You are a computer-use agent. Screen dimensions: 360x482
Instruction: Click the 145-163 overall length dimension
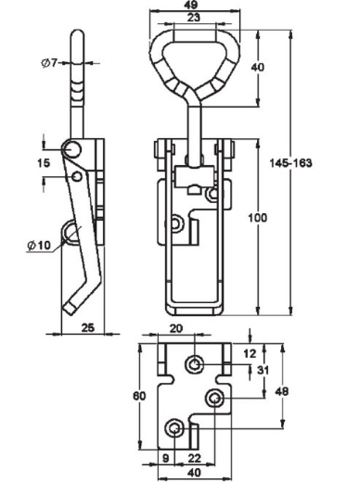(x=290, y=163)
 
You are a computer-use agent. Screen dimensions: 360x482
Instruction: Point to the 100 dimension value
(x=257, y=218)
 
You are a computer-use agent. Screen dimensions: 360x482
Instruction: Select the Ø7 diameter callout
(x=49, y=63)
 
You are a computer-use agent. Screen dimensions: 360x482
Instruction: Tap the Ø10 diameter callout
(x=39, y=246)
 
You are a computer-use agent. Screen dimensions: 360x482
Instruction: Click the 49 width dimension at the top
(x=193, y=5)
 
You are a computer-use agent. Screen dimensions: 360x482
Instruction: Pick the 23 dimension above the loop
(x=194, y=18)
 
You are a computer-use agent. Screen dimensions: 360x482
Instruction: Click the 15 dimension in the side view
(x=44, y=162)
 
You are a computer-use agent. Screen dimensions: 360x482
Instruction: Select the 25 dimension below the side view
(x=87, y=327)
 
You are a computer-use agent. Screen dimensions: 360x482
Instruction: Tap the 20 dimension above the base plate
(x=176, y=328)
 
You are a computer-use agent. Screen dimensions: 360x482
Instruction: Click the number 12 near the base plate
(x=250, y=353)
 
